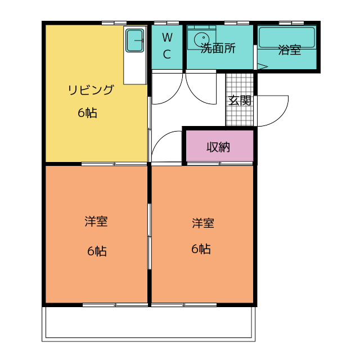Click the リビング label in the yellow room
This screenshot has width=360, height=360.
point(91,90)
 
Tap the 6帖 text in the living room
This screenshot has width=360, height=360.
point(87,113)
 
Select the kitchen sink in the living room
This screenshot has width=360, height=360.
point(135,40)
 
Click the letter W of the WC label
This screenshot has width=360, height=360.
point(167,38)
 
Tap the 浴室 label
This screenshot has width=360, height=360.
point(289,50)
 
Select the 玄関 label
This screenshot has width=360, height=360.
point(240,101)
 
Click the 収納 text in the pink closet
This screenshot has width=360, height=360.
point(218,147)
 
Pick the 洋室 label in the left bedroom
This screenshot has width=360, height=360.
point(96,222)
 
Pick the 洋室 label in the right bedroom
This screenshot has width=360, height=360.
point(202,223)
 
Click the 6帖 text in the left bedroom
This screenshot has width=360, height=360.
point(96,251)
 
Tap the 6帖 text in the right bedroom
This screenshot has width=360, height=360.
point(201,249)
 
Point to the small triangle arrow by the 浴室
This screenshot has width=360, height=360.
point(262,67)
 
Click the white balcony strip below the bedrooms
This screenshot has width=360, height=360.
point(148,323)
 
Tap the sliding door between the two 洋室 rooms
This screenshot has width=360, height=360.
point(150,236)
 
